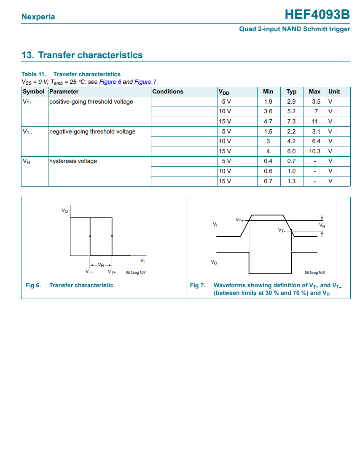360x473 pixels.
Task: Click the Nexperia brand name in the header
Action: coord(38,17)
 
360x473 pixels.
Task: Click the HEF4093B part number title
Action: coord(317,15)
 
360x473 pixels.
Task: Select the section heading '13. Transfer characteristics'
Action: coord(82,55)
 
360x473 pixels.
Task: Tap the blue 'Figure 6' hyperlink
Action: coord(110,82)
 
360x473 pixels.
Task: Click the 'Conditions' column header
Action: coord(168,91)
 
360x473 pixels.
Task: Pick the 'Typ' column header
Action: coord(291,91)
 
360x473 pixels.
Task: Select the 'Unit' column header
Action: coord(334,91)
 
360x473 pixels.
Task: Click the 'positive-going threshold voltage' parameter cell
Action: coord(91,102)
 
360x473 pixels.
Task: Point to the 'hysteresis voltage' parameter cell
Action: coord(73,161)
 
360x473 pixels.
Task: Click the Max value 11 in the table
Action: coord(314,121)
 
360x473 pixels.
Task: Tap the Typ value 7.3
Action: coord(291,121)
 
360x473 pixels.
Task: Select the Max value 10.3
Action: coord(314,151)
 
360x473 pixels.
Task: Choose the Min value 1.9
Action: coord(268,102)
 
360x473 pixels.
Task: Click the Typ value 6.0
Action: coord(291,151)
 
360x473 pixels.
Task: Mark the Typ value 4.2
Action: coord(291,141)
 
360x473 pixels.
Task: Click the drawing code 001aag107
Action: coord(136,273)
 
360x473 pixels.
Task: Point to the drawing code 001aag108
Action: coord(314,273)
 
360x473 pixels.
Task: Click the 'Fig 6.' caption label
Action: coord(33,285)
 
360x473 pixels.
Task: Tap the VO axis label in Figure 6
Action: coord(64,210)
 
